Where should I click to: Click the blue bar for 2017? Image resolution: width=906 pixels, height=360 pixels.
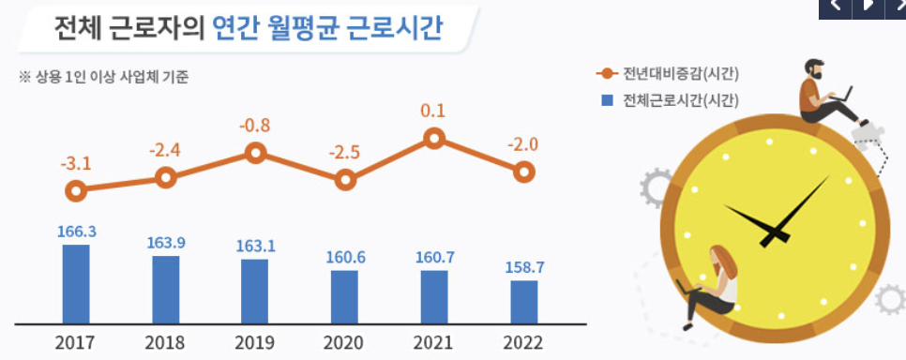[x=76, y=282]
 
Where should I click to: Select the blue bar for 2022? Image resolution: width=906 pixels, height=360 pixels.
[x=524, y=300]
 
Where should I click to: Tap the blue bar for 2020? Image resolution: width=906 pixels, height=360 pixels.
[x=344, y=295]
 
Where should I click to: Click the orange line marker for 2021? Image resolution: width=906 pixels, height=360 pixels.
[x=433, y=139]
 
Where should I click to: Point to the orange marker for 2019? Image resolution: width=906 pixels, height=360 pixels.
[x=254, y=153]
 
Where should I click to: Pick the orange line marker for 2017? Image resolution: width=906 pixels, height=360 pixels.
[x=76, y=191]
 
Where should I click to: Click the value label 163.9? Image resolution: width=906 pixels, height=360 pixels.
[x=166, y=243]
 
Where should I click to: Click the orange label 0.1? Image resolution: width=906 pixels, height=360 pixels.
[x=433, y=111]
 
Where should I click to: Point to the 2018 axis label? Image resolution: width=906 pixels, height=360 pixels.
[x=166, y=342]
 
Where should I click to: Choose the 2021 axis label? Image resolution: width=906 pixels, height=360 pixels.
[x=434, y=342]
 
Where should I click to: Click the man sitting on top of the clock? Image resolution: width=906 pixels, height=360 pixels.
[x=825, y=94]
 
